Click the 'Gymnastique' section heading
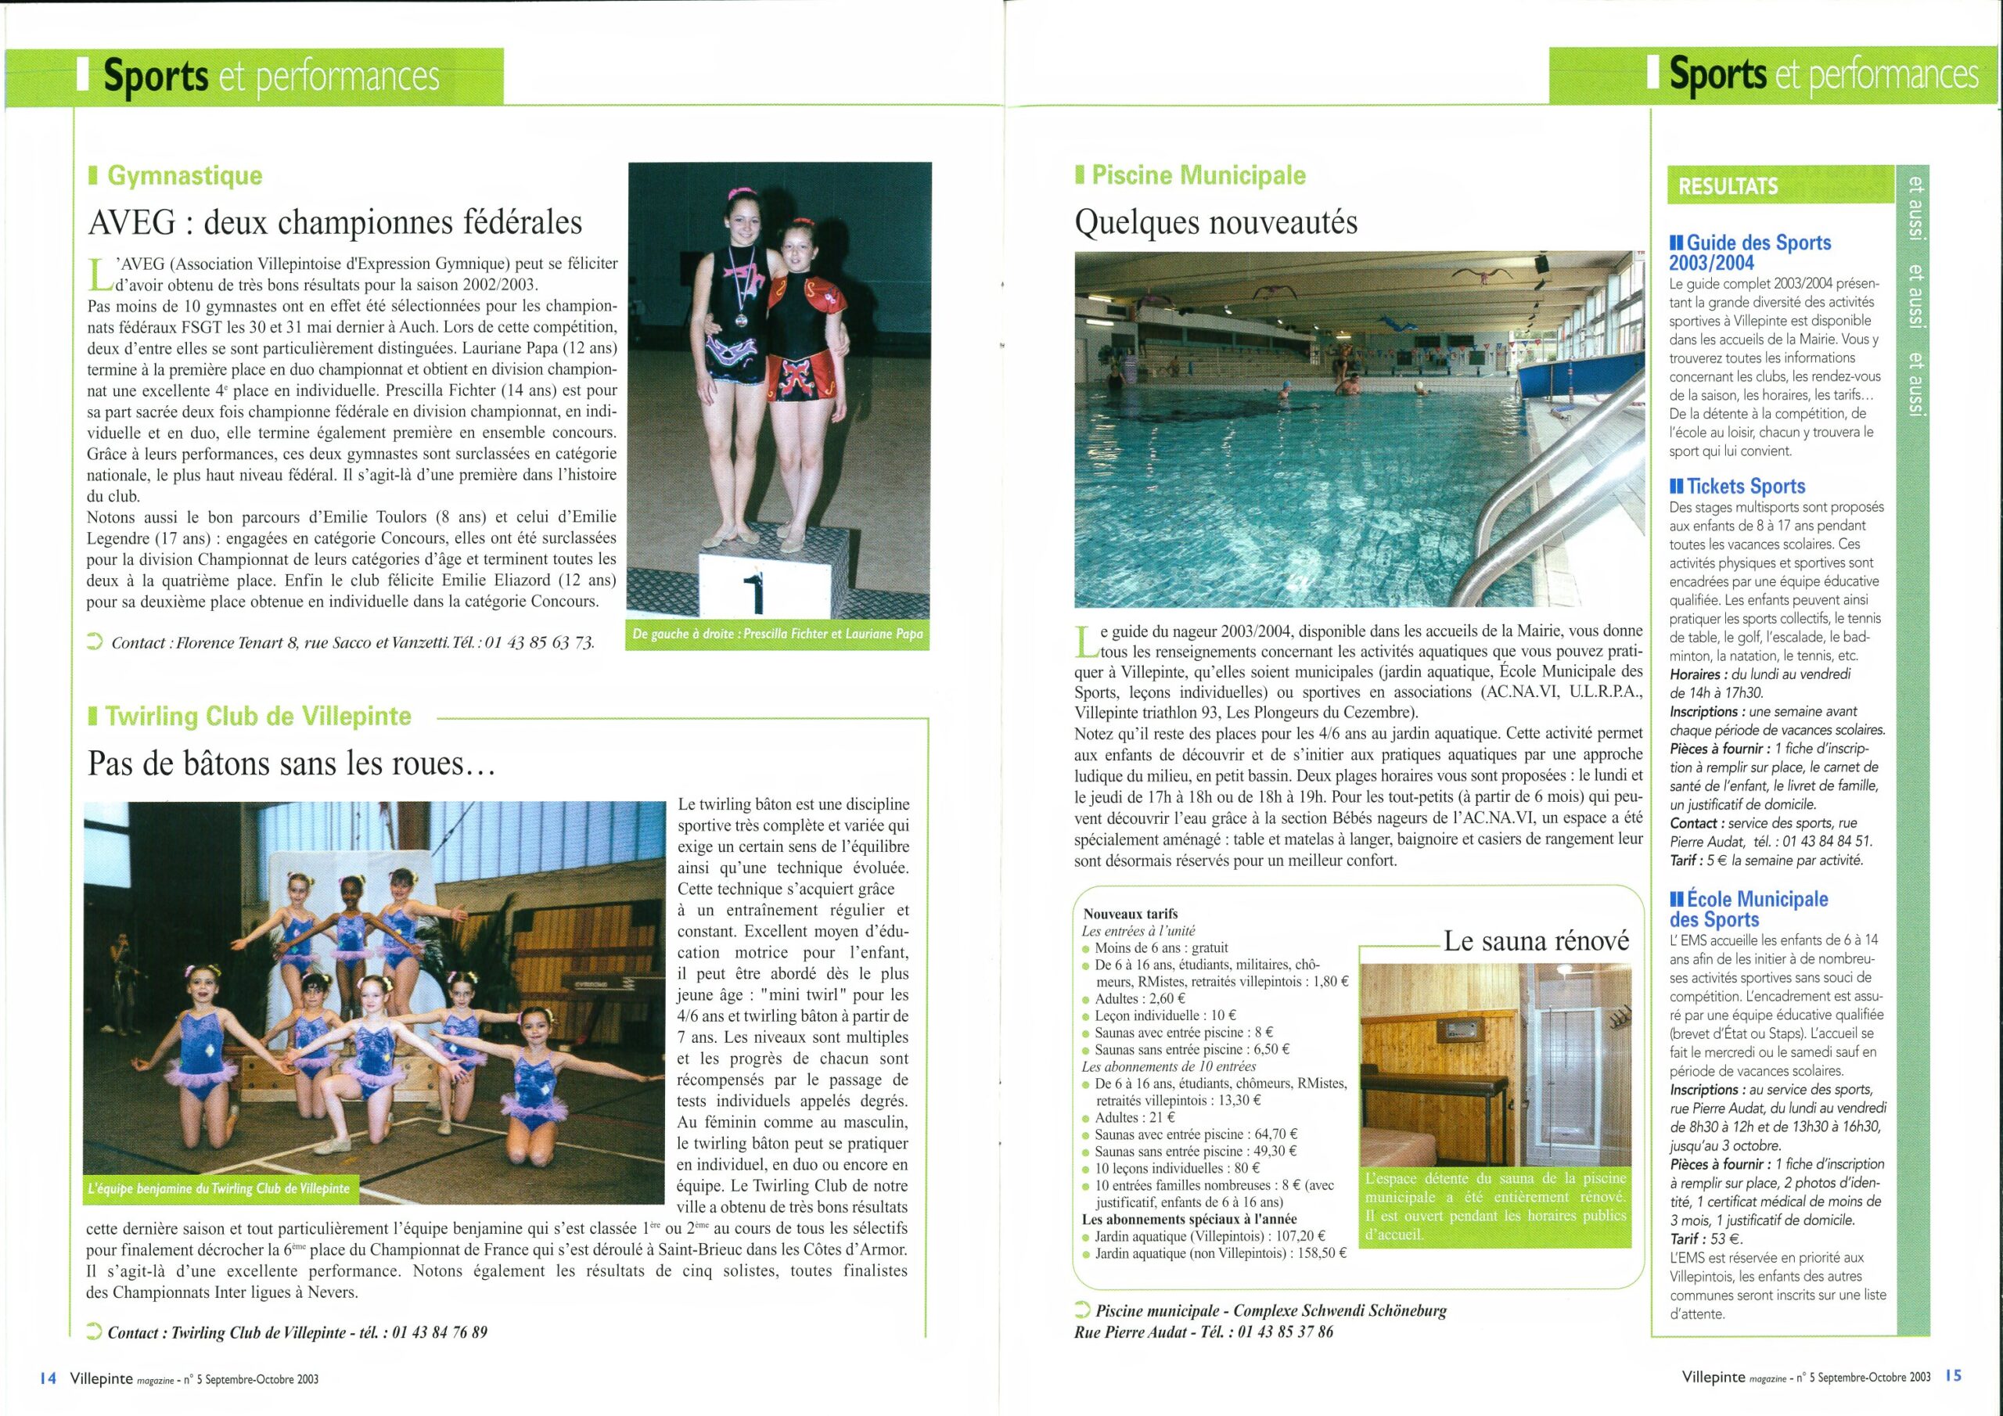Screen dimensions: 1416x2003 pos(184,175)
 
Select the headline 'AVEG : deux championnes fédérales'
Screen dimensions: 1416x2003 pos(335,222)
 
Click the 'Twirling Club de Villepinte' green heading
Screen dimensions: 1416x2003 pos(258,717)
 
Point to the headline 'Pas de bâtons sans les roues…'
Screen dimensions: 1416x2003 pos(291,764)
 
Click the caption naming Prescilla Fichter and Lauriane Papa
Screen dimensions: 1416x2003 pos(777,634)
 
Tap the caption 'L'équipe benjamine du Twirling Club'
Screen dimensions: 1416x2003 pos(218,1188)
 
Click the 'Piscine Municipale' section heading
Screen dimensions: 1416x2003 pos(1198,175)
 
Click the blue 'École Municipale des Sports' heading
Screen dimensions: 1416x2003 pos(1751,908)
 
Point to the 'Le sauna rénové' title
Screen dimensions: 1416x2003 pos(1536,941)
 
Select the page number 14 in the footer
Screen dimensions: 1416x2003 pos(47,1378)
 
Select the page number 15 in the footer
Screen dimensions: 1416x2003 pos(1952,1376)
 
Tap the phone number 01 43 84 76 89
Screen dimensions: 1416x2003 pos(440,1332)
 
